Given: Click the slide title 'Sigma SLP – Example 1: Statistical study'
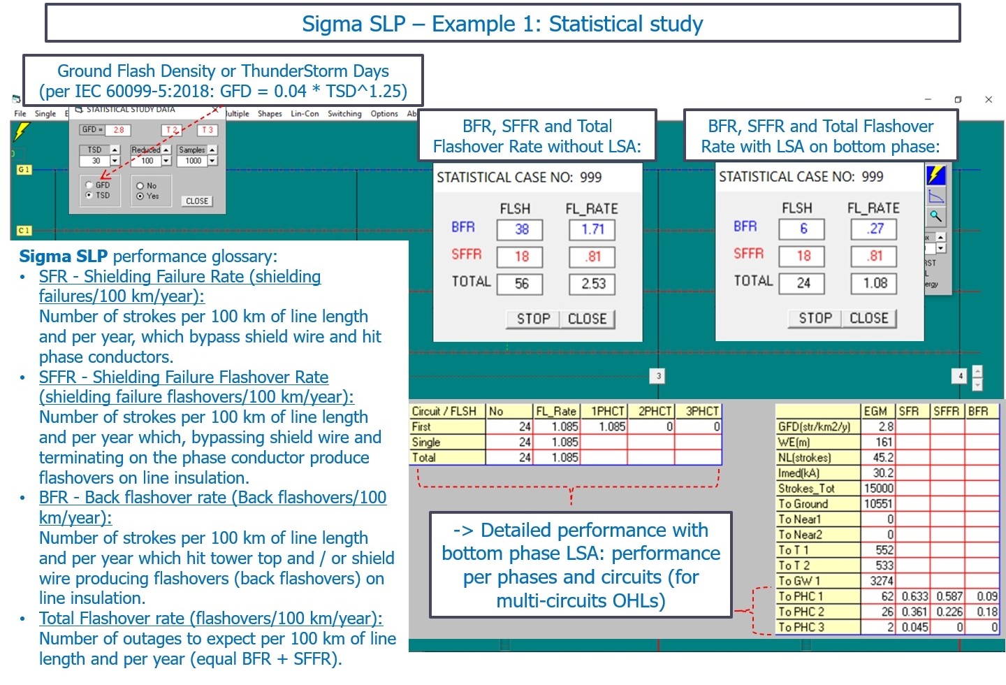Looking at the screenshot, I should click(502, 24).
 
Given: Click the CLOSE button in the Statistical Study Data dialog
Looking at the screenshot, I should click(197, 201).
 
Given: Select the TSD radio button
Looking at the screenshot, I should click(89, 196).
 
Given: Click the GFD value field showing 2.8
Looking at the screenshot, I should click(119, 130).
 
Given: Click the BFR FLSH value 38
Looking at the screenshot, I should click(521, 229).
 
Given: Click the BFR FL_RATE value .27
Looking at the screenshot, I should click(875, 229).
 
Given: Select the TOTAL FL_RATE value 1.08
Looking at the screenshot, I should click(875, 283).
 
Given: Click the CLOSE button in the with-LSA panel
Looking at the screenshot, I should click(868, 318).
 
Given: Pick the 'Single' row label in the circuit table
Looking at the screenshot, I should click(426, 442).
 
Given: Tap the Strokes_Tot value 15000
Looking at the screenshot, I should click(878, 489).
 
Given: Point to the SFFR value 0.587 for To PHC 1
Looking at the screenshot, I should click(949, 596).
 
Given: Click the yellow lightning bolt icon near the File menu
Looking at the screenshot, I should click(22, 131).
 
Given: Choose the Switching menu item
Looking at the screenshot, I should click(344, 114).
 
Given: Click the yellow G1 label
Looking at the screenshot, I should click(24, 170).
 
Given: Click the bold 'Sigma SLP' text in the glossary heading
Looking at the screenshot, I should click(64, 257).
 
